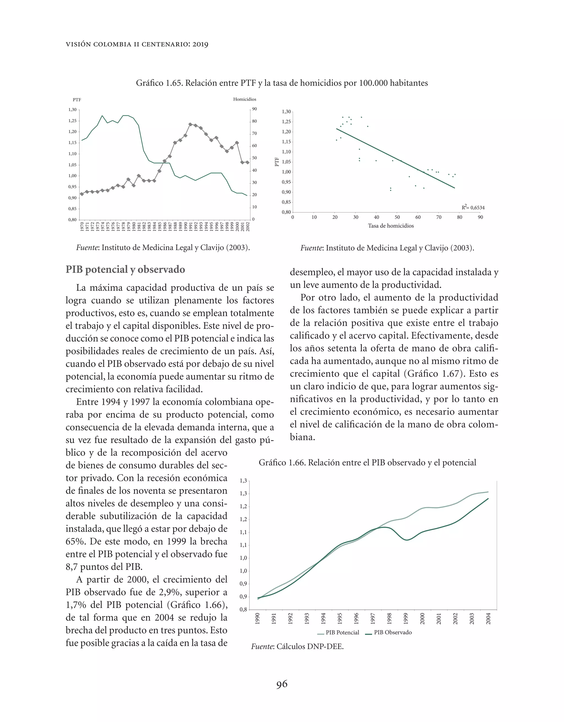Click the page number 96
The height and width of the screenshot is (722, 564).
click(282, 684)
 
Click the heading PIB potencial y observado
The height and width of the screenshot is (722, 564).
click(125, 270)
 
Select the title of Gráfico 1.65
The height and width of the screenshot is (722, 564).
click(282, 83)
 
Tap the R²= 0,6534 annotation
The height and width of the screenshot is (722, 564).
click(473, 208)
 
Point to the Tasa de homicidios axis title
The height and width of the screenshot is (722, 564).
click(391, 226)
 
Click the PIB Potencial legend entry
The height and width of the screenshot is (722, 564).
click(338, 632)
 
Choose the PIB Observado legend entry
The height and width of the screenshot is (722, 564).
click(389, 632)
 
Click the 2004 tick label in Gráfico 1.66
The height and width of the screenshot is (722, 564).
click(488, 618)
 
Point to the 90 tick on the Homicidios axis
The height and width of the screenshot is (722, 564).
click(254, 109)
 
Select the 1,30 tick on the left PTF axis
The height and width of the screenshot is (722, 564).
click(72, 109)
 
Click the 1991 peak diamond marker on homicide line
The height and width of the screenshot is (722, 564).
click(190, 124)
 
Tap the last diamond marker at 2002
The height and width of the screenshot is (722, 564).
click(247, 162)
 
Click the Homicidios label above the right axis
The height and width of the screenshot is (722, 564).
click(245, 99)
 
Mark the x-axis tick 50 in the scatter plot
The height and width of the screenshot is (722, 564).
click(397, 217)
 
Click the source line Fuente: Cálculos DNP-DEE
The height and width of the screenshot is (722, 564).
click(297, 646)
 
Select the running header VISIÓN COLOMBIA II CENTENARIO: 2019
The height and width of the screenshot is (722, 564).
click(137, 44)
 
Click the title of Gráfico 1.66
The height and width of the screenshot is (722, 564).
click(367, 462)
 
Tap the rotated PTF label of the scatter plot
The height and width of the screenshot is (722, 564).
click(277, 162)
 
